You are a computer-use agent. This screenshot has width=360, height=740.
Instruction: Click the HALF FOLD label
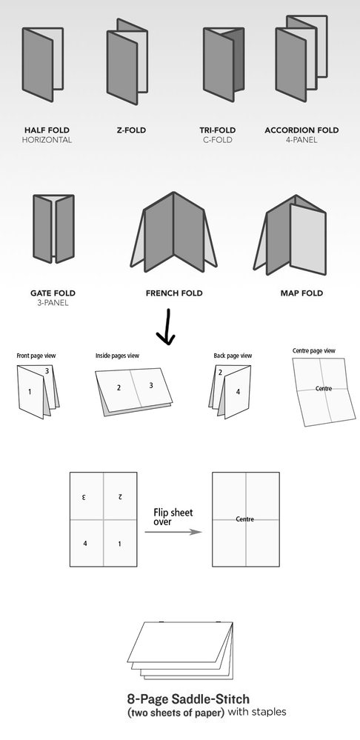47,130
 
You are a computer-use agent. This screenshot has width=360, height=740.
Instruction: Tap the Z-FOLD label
131,130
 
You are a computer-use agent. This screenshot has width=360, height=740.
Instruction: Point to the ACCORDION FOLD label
301,130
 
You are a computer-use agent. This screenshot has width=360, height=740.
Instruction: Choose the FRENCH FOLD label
174,293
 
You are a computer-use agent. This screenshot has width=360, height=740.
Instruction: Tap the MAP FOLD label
301,293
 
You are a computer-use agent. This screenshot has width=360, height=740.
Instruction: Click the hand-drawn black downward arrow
167,329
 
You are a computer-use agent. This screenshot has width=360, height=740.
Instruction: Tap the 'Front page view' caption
36,356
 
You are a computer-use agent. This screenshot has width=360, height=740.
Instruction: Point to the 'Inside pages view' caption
118,356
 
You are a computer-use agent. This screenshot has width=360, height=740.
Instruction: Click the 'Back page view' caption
233,356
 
